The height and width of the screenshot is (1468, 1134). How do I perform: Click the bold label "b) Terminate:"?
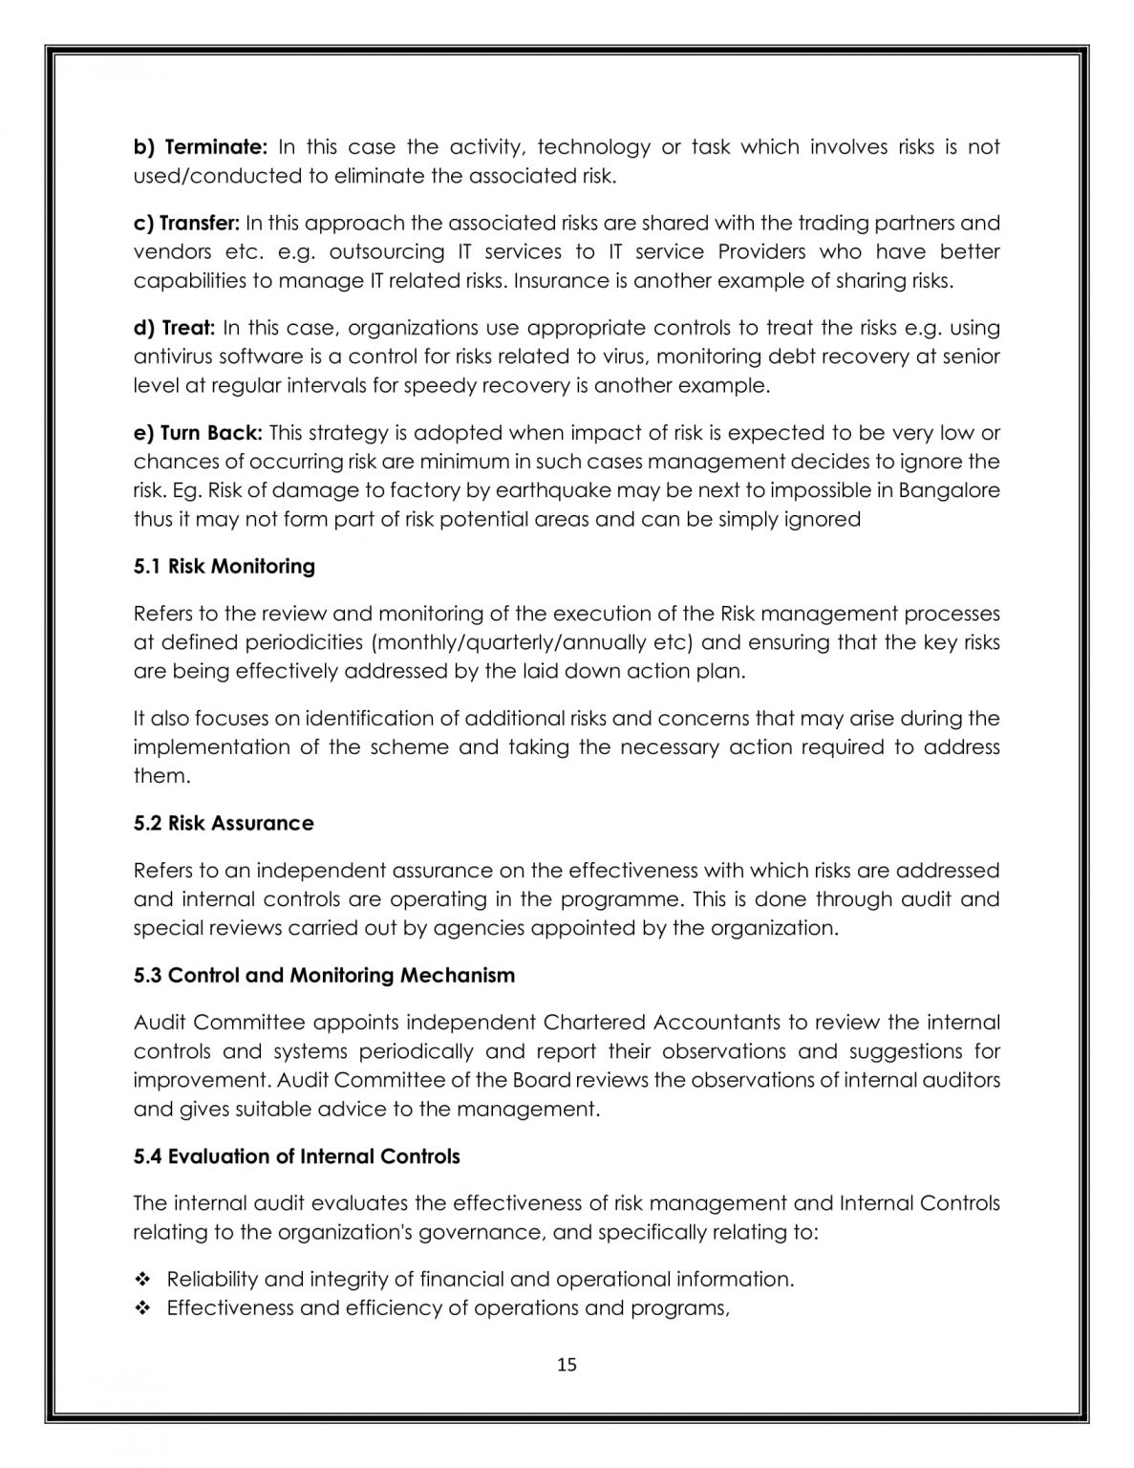click(x=200, y=147)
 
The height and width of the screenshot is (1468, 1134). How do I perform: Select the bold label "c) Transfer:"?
click(x=186, y=224)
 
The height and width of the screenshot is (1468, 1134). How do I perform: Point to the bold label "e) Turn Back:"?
click(x=198, y=433)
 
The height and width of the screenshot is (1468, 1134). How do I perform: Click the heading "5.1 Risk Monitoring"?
click(x=224, y=567)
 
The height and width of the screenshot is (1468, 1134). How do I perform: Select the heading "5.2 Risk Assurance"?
click(x=224, y=824)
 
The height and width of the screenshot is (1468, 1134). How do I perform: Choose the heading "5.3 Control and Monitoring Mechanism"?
click(x=324, y=976)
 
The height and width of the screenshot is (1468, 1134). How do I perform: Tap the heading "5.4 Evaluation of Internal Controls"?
click(x=296, y=1157)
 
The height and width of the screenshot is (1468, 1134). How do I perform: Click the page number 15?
click(x=567, y=1365)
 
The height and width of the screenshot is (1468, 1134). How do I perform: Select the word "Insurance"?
click(x=564, y=281)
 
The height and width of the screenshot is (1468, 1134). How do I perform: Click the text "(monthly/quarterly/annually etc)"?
click(x=530, y=642)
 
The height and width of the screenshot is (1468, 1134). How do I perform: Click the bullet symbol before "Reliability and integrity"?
click(x=143, y=1280)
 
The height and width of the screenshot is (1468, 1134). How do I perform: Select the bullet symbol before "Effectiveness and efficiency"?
click(x=143, y=1308)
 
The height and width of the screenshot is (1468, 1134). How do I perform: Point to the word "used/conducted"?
click(x=206, y=176)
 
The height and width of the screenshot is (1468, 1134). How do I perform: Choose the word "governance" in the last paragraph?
click(x=489, y=1233)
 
